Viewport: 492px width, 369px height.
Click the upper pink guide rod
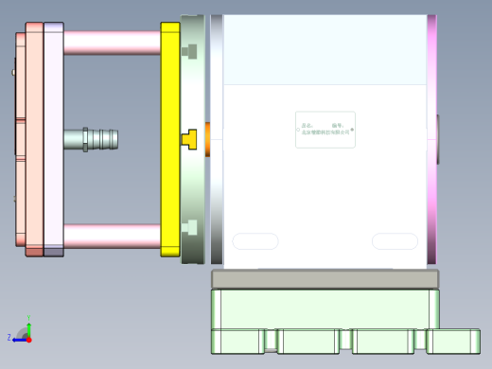point(112,43)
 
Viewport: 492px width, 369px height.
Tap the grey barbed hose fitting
point(92,139)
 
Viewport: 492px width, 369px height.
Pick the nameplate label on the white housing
point(325,130)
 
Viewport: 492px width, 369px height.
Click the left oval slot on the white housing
point(255,241)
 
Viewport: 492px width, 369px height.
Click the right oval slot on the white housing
point(395,241)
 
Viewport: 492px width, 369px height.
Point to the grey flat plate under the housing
point(325,279)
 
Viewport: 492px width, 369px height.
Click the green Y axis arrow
point(29,323)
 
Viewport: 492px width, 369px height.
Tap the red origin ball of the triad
point(28,338)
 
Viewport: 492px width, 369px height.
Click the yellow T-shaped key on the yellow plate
point(188,139)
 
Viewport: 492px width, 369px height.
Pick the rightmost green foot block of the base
point(453,341)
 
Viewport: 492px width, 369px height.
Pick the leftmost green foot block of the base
point(237,341)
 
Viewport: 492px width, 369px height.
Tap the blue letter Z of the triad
point(9,337)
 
